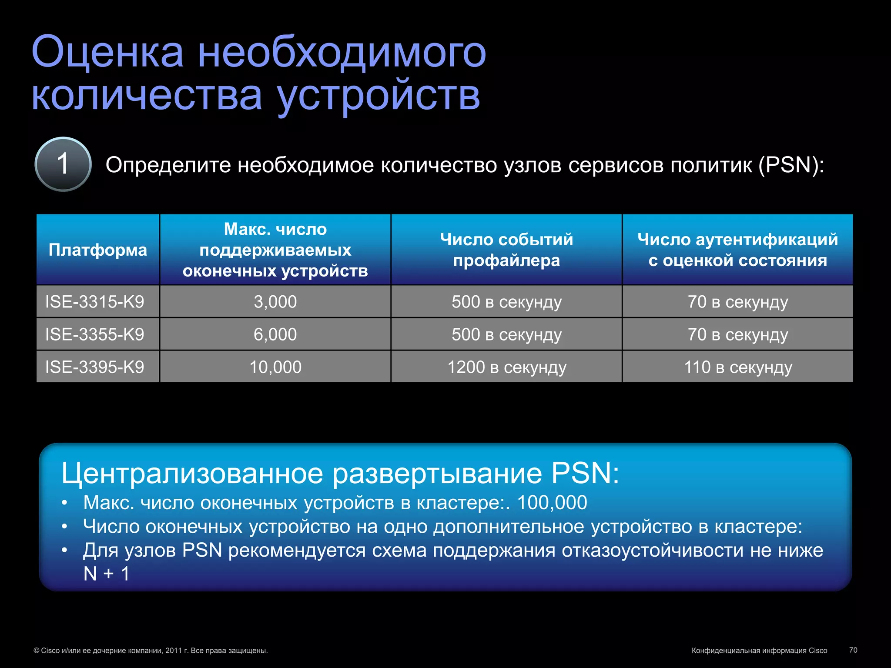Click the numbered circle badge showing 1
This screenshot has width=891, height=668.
(x=63, y=164)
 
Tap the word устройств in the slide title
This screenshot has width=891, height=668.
(x=379, y=96)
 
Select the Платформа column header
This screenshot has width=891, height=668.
(x=98, y=250)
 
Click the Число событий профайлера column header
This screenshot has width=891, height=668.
(x=506, y=250)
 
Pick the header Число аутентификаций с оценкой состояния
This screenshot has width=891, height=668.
(x=737, y=250)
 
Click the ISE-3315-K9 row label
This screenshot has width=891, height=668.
(x=95, y=302)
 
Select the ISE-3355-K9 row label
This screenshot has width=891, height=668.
(x=95, y=334)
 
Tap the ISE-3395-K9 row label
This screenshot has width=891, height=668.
(x=95, y=367)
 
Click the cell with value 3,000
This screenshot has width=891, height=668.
(x=275, y=302)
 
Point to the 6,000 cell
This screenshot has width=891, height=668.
(x=275, y=334)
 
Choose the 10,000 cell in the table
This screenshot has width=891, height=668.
(x=275, y=367)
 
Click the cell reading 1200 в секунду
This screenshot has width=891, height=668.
(x=507, y=367)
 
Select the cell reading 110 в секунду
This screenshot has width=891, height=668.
(x=738, y=367)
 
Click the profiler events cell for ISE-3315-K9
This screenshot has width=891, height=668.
(x=507, y=302)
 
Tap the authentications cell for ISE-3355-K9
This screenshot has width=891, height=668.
(x=738, y=334)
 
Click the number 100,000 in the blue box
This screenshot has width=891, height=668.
(x=552, y=503)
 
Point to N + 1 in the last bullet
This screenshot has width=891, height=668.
(x=107, y=574)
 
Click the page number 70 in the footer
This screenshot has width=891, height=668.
(x=853, y=650)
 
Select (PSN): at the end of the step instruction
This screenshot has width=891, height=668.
(x=791, y=165)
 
